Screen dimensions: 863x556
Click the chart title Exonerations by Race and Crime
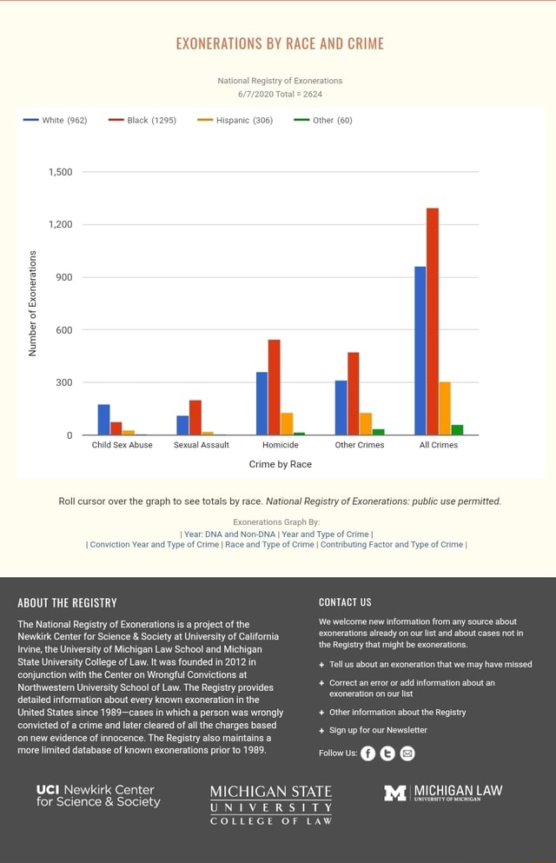pos(280,43)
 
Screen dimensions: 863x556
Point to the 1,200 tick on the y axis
pos(60,225)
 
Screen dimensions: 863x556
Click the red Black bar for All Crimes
pos(433,322)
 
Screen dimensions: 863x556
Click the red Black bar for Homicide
pos(275,387)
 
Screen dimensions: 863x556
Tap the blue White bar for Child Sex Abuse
pos(103,419)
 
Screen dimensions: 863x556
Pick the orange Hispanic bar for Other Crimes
pos(366,423)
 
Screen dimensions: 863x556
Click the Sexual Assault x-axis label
pos(201,445)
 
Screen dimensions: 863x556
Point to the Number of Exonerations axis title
pos(33,303)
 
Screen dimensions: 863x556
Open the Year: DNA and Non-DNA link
pos(229,534)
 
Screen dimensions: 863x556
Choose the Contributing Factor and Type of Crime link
pos(392,545)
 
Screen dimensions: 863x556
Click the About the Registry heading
pos(67,602)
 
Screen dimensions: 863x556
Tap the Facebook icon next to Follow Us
pos(368,753)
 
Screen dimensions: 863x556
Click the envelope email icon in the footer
pos(407,753)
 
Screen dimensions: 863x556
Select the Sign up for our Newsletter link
pos(378,730)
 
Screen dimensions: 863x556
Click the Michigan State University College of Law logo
pos(271,805)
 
